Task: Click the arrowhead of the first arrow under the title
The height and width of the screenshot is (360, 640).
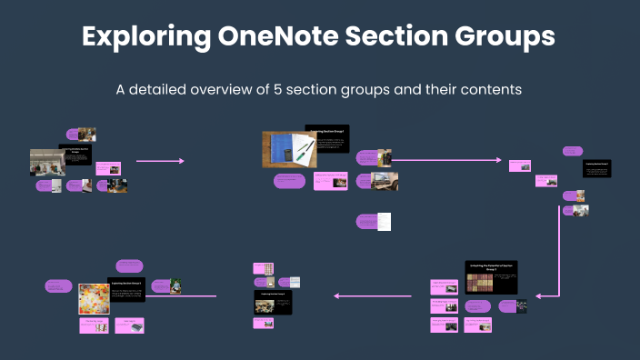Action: click(182, 161)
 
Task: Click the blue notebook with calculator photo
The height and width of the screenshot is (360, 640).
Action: click(290, 148)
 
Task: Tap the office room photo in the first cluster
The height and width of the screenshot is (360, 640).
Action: click(46, 162)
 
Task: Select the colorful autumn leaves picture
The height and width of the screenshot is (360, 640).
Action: click(94, 298)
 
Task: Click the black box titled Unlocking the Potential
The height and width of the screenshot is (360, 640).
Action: click(491, 276)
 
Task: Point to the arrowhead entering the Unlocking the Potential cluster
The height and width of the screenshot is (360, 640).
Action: click(540, 295)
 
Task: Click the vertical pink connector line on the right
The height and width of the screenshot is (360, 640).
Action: click(556, 255)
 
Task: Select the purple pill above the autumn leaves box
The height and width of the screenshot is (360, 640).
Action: click(128, 265)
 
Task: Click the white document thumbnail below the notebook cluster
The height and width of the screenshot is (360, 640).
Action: click(384, 221)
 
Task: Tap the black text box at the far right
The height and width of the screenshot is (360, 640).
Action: click(602, 169)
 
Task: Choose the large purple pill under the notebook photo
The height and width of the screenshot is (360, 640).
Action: click(288, 181)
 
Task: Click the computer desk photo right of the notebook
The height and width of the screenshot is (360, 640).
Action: click(385, 181)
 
